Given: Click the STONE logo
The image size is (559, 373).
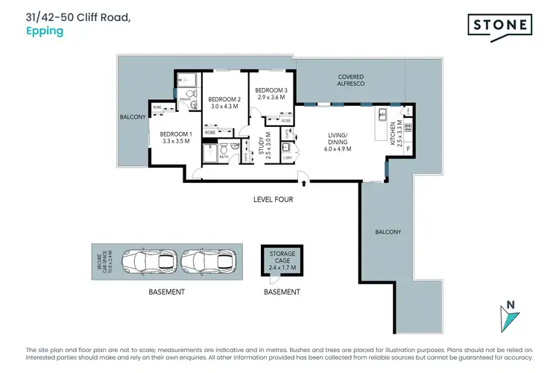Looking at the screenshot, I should click(500, 25).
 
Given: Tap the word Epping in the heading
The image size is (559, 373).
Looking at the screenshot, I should click(45, 32).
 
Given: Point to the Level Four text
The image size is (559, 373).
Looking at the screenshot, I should click(273, 199).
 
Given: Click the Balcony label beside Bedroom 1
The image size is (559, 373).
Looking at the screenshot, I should click(133, 117).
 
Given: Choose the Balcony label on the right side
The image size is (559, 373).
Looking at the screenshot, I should click(388, 232).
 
